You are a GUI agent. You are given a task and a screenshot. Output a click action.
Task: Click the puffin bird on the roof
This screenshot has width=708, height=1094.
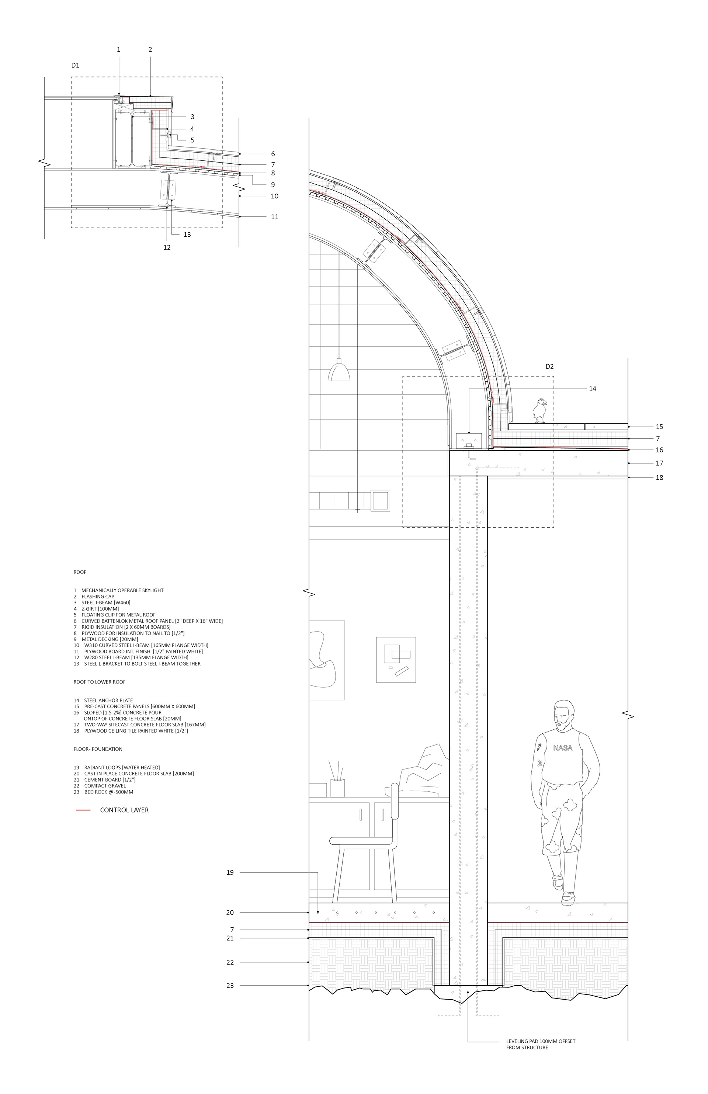tap(540, 410)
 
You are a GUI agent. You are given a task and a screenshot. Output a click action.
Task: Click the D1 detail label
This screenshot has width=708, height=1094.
tap(75, 65)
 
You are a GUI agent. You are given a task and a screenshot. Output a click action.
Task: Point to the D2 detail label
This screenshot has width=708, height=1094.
tap(549, 367)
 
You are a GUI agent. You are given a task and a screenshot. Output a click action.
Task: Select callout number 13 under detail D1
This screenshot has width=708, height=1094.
tap(187, 235)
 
